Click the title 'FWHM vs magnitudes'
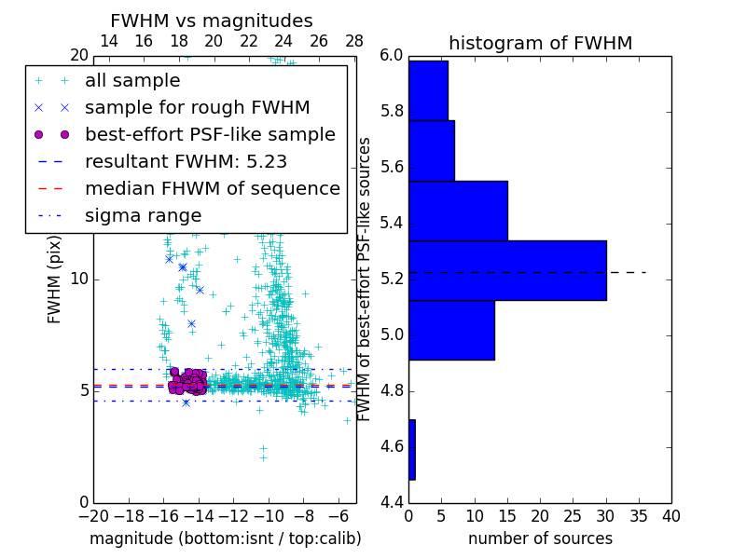pyautogui.click(x=212, y=20)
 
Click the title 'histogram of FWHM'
pyautogui.click(x=540, y=43)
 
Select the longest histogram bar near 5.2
pyautogui.click(x=507, y=270)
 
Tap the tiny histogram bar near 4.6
pyautogui.click(x=411, y=449)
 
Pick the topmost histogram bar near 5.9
pyautogui.click(x=428, y=90)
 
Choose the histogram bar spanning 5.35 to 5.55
pyautogui.click(x=458, y=211)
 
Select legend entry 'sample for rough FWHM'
pyautogui.click(x=197, y=107)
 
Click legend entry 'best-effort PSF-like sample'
pyautogui.click(x=210, y=134)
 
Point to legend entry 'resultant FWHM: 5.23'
pyautogui.click(x=186, y=161)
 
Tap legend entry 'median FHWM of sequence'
pyautogui.click(x=212, y=188)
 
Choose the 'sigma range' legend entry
pyautogui.click(x=143, y=215)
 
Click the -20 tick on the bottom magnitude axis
pyautogui.click(x=93, y=515)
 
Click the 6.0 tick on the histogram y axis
pyautogui.click(x=393, y=56)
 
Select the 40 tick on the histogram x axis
pyautogui.click(x=670, y=515)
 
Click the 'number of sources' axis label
pyautogui.click(x=540, y=539)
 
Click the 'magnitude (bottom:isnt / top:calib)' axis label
pyautogui.click(x=225, y=539)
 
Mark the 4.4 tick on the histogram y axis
pyautogui.click(x=393, y=502)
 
